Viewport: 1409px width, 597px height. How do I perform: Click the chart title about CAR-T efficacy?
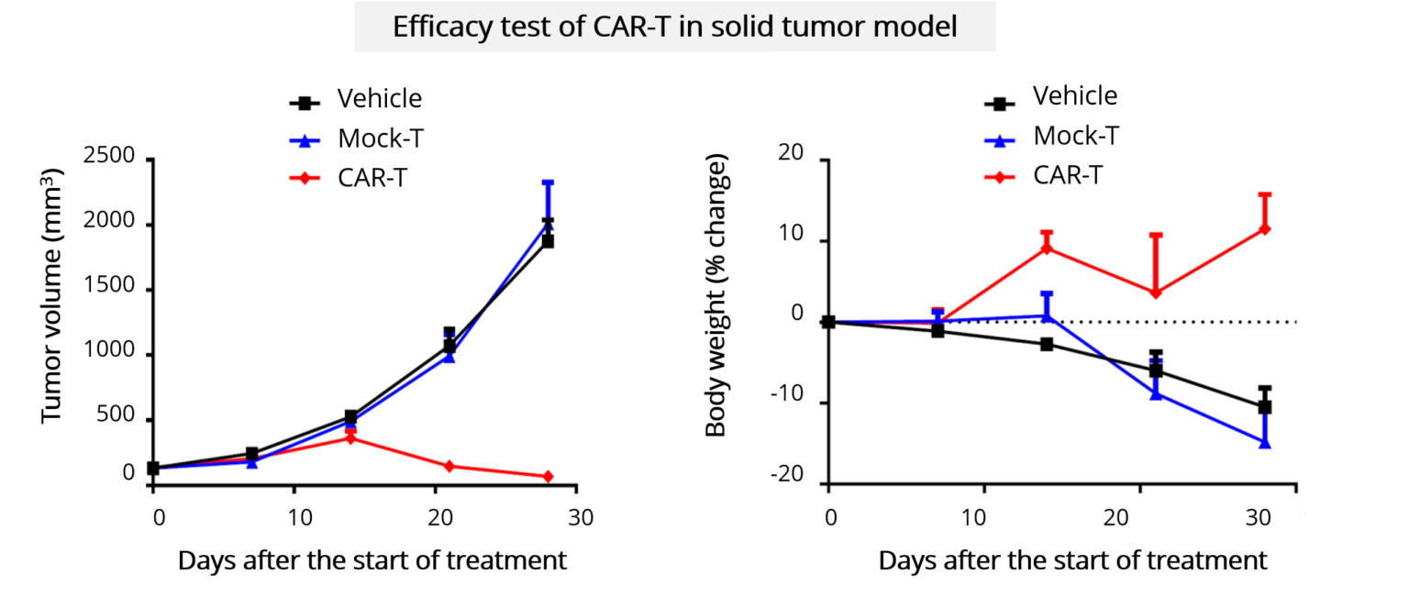point(674,27)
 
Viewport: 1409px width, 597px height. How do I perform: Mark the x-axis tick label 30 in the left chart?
point(580,518)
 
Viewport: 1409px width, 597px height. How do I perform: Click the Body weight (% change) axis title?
point(716,296)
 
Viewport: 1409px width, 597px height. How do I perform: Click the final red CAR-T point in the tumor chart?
point(548,477)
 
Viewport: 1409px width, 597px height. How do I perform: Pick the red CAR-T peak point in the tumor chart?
point(350,438)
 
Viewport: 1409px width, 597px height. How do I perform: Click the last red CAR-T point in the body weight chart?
point(1265,228)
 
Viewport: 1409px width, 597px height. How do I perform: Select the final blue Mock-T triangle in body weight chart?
point(1265,442)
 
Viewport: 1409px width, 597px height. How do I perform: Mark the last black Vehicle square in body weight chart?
point(1265,407)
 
